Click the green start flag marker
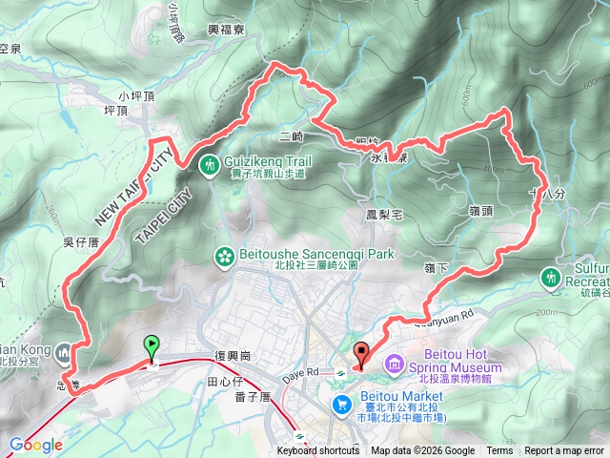pos(151,348)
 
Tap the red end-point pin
pos(360,354)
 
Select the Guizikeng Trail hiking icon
pos(210,164)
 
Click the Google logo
pos(36,445)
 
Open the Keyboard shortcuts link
pos(318,451)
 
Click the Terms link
pos(499,451)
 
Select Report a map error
pos(565,451)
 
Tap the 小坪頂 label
pos(136,95)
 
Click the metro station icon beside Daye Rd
pos(339,371)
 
